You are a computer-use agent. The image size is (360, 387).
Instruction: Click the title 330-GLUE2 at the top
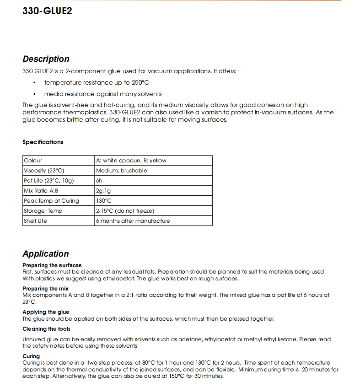[x=47, y=11]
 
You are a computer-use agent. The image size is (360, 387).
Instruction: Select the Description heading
[x=46, y=59]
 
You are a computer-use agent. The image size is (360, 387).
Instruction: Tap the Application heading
[x=46, y=254]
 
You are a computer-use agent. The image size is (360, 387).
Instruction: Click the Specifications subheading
[x=43, y=142]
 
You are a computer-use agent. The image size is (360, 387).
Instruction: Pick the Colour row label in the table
[x=33, y=161]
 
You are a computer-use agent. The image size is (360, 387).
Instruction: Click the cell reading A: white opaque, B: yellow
[x=131, y=161]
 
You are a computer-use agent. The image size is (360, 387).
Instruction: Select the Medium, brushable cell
[x=122, y=171]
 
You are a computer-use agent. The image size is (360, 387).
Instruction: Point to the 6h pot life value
[x=99, y=181]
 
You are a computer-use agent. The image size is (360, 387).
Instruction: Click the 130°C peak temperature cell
[x=104, y=201]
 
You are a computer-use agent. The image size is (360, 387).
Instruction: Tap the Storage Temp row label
[x=43, y=211]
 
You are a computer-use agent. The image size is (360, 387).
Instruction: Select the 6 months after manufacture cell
[x=133, y=221]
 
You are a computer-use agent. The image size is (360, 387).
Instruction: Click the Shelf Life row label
[x=35, y=221]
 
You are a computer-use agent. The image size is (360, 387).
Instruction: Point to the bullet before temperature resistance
[x=35, y=83]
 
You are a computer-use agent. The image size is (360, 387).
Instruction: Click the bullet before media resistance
[x=35, y=94]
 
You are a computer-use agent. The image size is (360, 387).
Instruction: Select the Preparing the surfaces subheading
[x=52, y=265]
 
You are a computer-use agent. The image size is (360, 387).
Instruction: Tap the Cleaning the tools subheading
[x=47, y=329]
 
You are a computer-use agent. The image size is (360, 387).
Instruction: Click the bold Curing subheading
[x=31, y=356]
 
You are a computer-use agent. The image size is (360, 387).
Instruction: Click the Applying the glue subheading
[x=46, y=312]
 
